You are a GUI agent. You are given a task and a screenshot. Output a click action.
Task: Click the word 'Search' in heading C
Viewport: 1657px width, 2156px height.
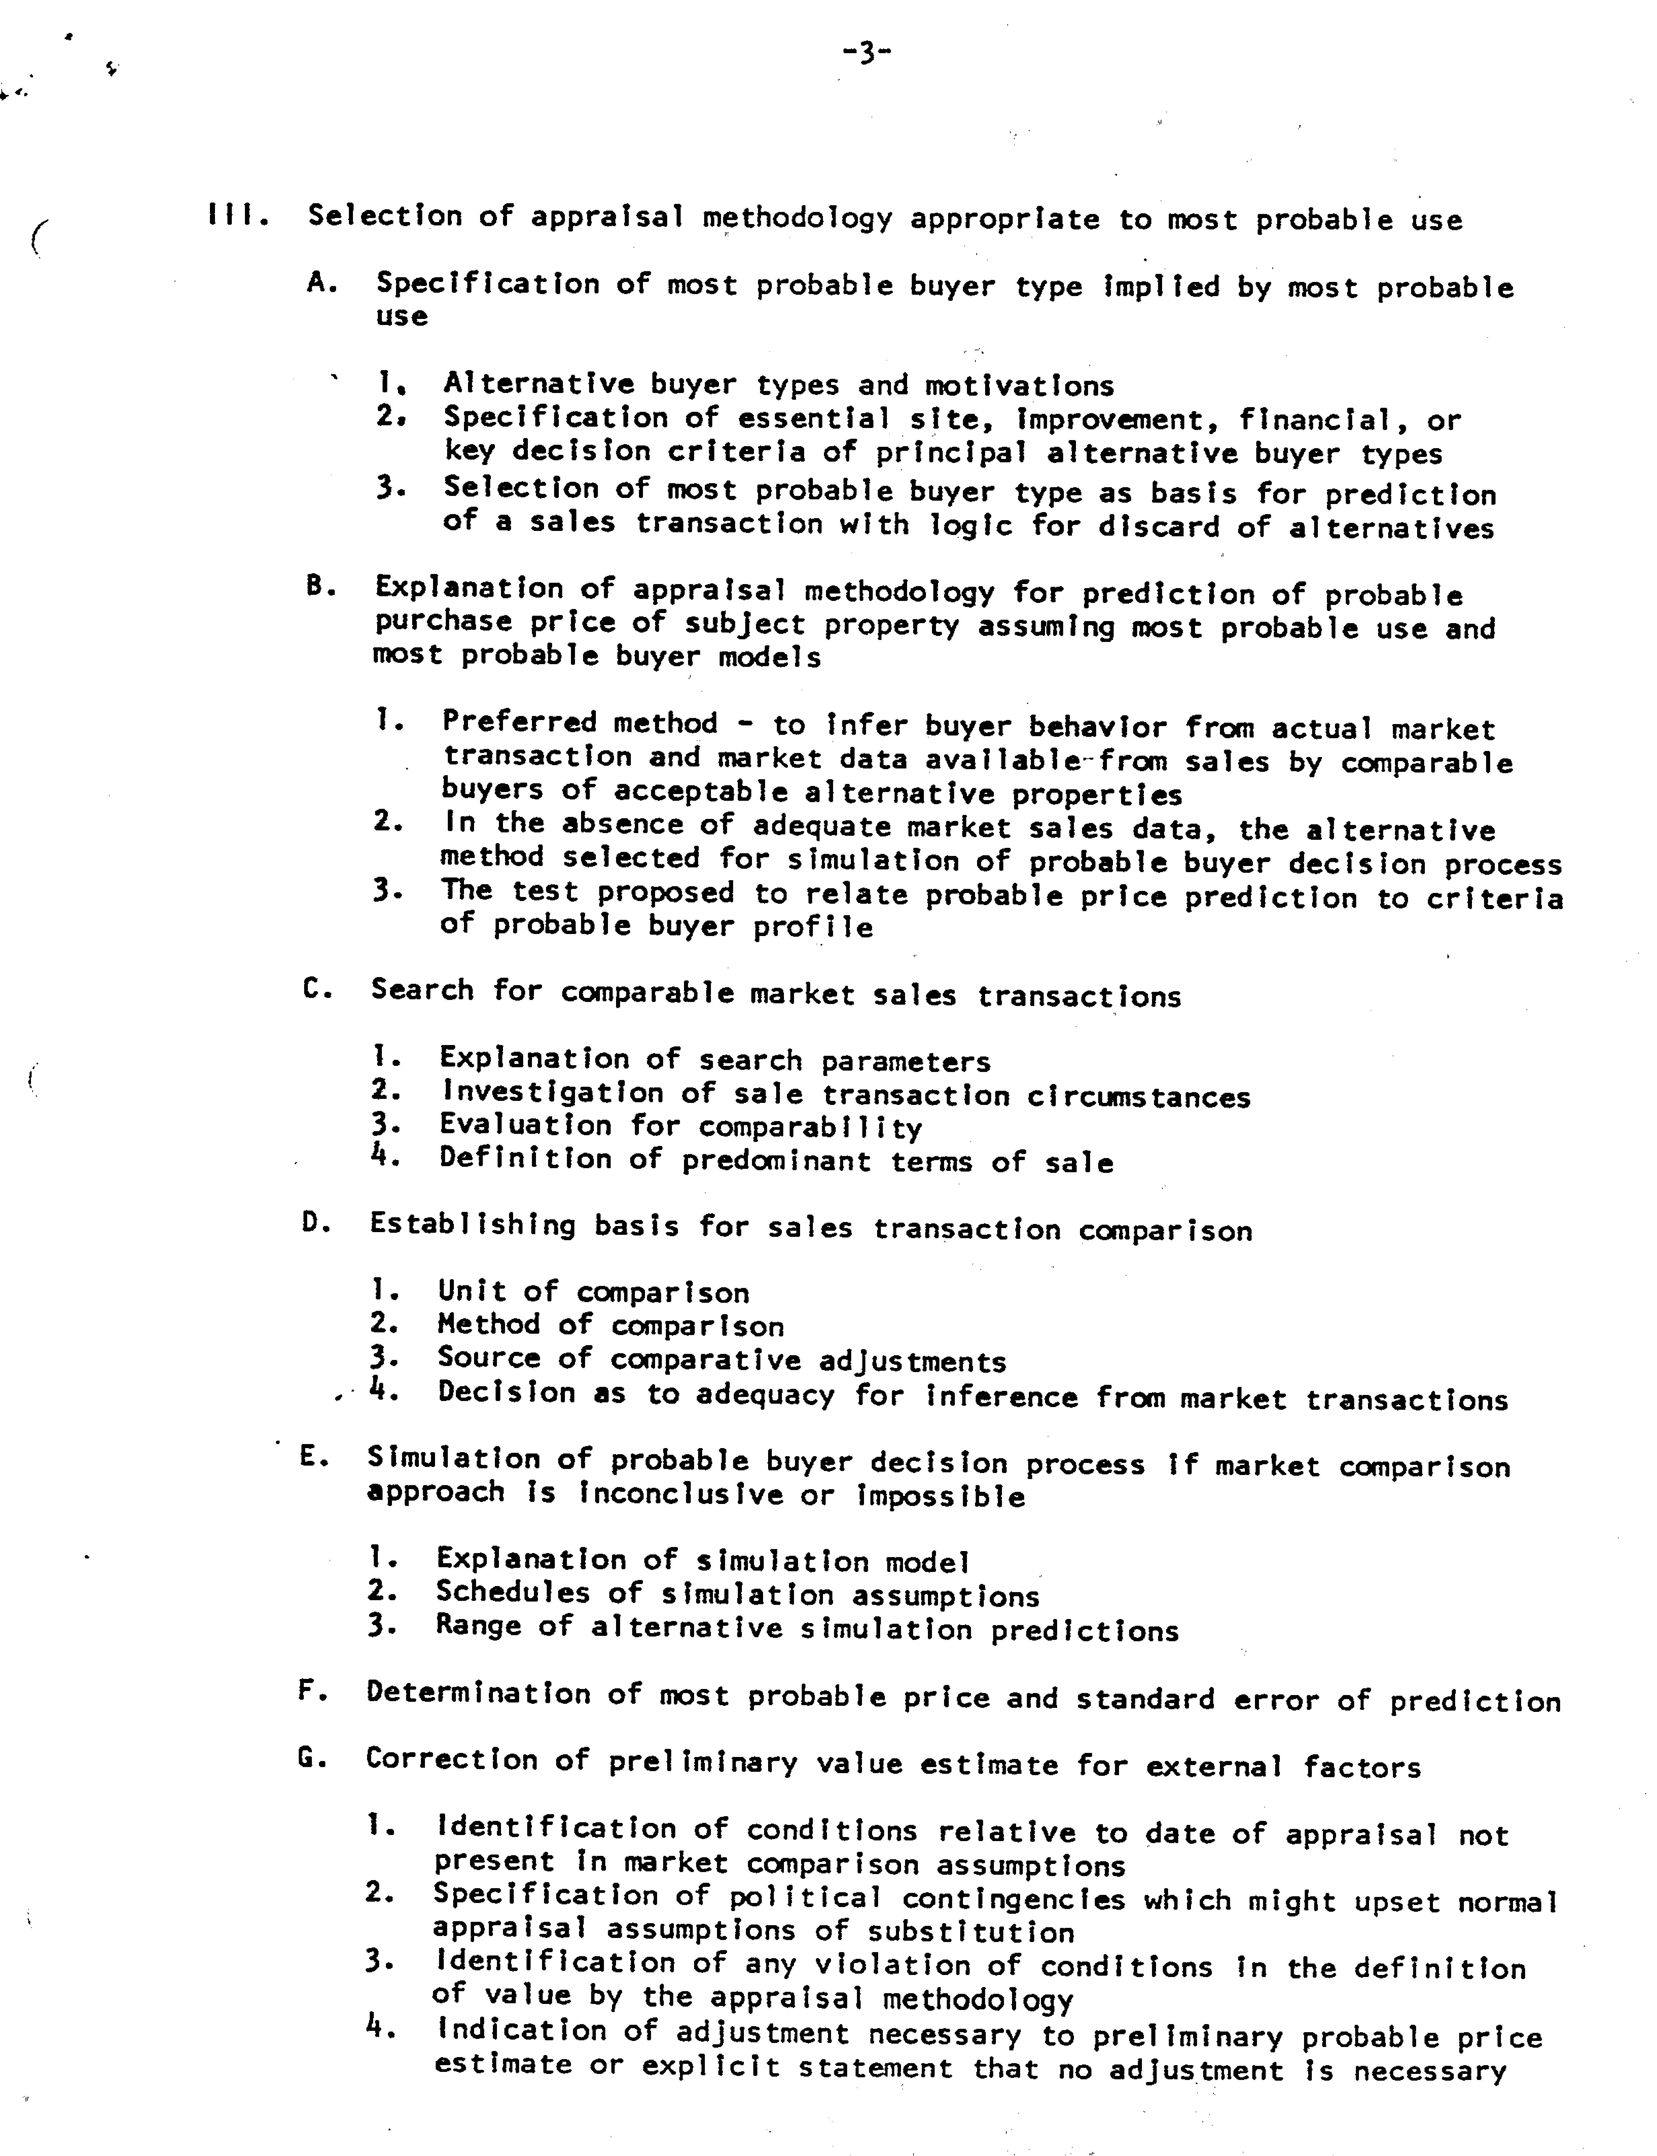coord(421,990)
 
